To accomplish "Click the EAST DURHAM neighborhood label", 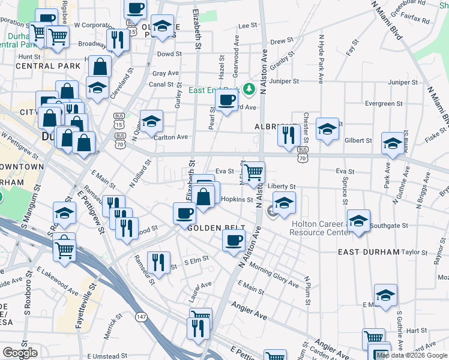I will pyautogui.click(x=368, y=252).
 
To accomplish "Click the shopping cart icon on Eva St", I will pyautogui.click(x=254, y=173).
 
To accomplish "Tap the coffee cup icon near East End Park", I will pyautogui.click(x=226, y=100).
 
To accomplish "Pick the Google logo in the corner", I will pyautogui.click(x=20, y=353).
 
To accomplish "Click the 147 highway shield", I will pyautogui.click(x=141, y=316).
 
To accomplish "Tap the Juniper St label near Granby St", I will pyautogui.click(x=284, y=80).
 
